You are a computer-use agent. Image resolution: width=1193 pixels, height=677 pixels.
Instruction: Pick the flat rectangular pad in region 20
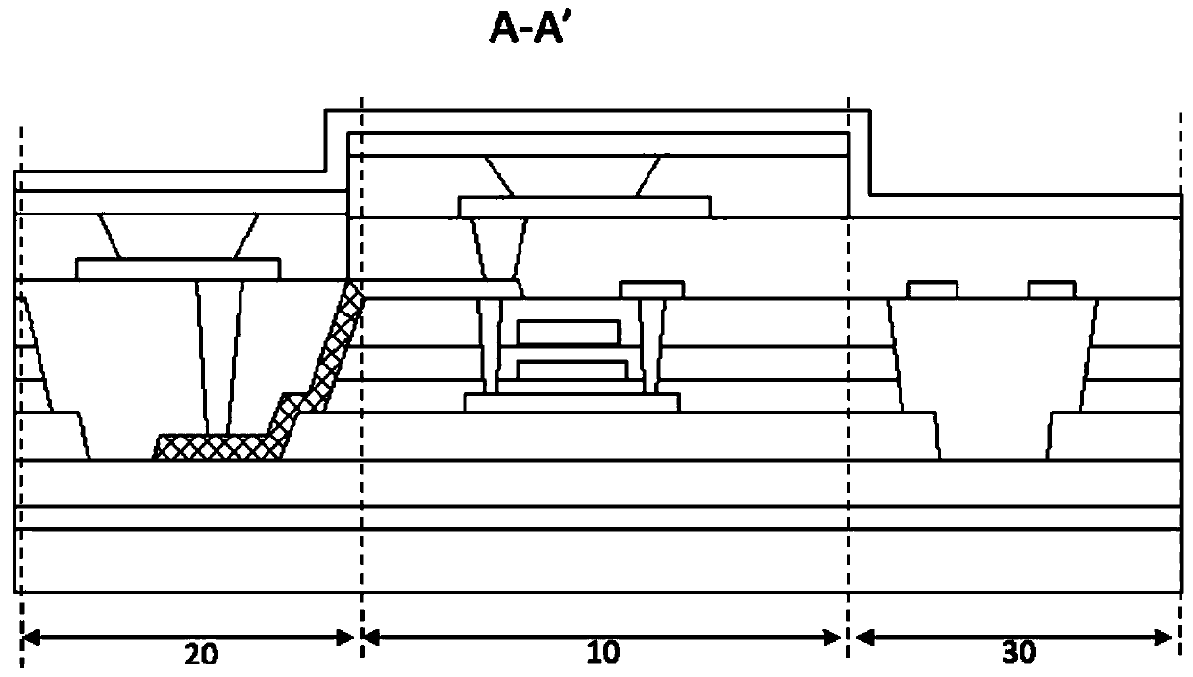178,268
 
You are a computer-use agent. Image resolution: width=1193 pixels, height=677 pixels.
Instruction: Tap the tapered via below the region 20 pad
215,356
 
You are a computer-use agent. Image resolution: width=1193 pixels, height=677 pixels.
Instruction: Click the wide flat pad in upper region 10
585,207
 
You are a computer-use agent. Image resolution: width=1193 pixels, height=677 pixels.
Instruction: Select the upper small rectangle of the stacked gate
568,333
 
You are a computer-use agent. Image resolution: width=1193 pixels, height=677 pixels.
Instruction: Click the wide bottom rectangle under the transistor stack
571,403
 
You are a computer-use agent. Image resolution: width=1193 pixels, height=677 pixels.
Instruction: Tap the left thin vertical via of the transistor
492,346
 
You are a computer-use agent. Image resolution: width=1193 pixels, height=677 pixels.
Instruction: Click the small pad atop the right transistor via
652,288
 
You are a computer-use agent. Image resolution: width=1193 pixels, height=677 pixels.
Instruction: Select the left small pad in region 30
932,288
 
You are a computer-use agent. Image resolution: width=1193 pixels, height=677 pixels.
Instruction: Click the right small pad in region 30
1052,288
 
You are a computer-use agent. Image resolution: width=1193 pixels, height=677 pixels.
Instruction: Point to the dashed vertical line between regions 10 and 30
849,385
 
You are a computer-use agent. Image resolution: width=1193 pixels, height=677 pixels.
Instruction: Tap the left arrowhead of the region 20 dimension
30,637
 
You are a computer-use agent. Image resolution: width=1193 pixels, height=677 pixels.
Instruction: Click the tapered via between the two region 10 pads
499,247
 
